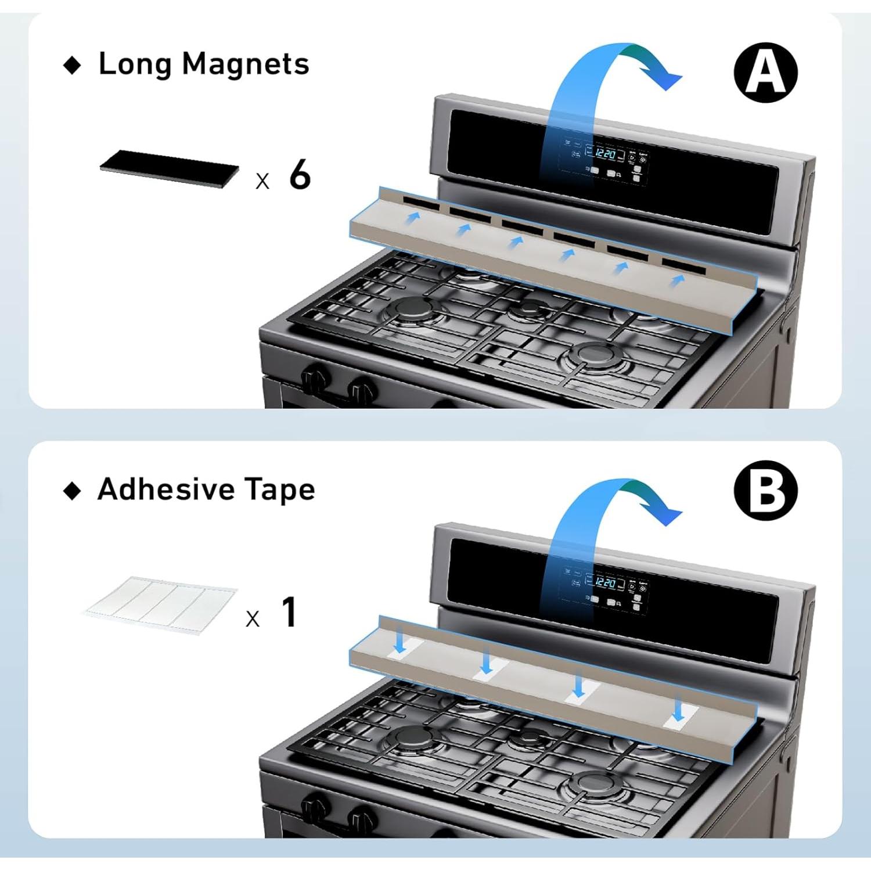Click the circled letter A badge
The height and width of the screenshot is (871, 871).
click(766, 73)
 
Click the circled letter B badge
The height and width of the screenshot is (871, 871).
click(766, 491)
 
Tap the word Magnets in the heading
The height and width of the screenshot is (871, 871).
click(245, 64)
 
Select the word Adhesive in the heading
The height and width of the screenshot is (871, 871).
click(165, 489)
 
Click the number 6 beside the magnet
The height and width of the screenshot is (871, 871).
click(300, 174)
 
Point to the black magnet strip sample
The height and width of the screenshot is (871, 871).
click(169, 168)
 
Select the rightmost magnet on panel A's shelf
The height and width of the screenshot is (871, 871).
click(683, 266)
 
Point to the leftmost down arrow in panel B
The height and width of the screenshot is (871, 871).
click(399, 642)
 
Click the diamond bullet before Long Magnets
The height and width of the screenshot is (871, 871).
click(73, 65)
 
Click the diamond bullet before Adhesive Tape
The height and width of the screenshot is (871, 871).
click(73, 491)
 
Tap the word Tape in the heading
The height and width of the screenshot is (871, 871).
click(279, 490)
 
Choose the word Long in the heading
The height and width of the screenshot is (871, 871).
click(135, 64)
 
